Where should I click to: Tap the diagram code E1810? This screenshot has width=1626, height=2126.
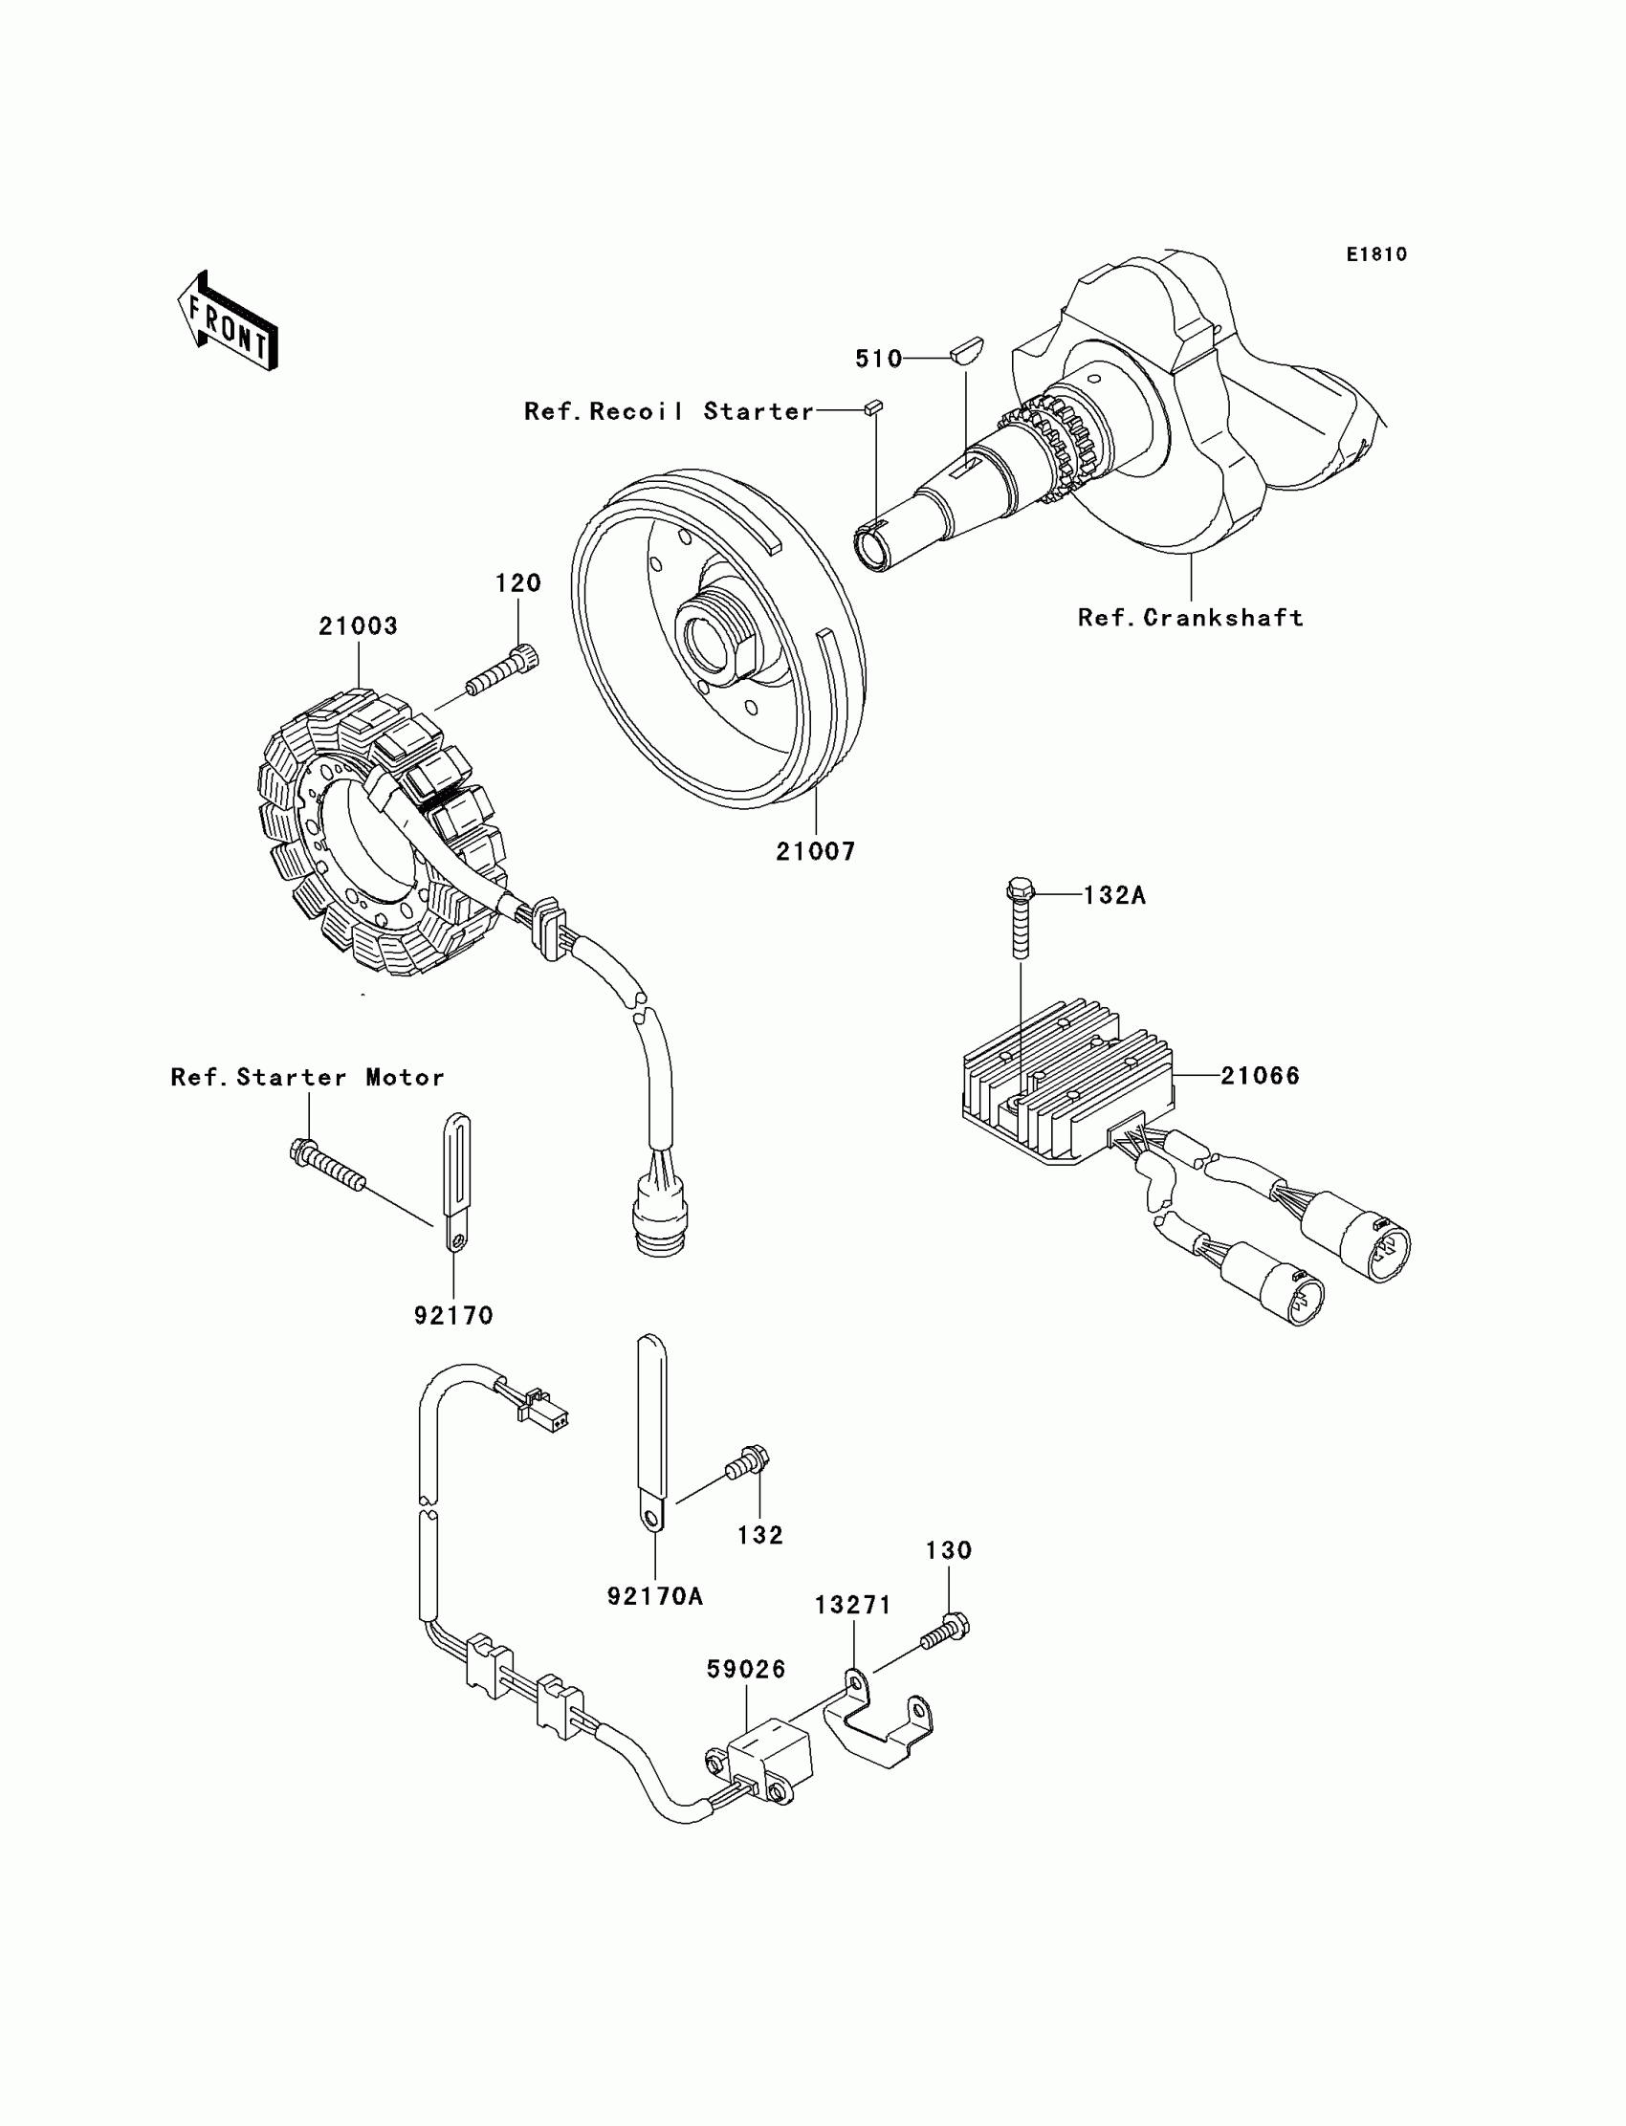tap(1376, 254)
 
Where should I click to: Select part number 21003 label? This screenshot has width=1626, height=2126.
tap(358, 626)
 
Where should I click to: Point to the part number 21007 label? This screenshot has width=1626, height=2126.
tap(816, 851)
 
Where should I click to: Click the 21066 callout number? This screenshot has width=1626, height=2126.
tap(1261, 1075)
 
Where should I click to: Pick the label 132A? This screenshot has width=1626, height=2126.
tap(1114, 895)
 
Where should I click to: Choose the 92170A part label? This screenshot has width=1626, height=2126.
tap(655, 1596)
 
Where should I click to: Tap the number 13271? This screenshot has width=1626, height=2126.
tap(852, 1606)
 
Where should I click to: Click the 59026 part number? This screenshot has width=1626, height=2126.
tap(746, 1669)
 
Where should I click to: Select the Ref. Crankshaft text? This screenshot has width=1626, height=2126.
tap(1191, 618)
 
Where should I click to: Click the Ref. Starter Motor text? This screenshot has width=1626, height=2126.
tap(308, 1077)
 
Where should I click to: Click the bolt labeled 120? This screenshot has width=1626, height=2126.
tap(502, 672)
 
